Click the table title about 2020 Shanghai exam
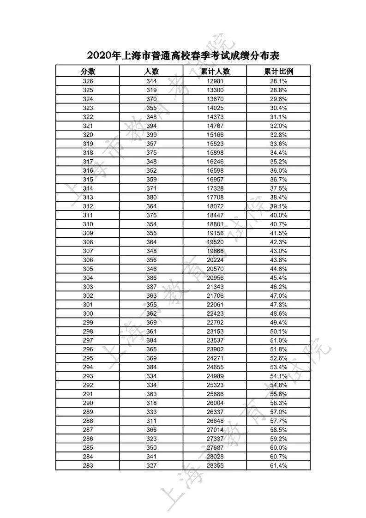(183, 56)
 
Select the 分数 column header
(88, 71)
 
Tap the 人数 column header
(151, 71)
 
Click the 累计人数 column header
(215, 71)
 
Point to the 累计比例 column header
(278, 71)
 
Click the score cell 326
(88, 81)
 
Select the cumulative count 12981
(215, 81)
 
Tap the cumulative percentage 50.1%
(278, 331)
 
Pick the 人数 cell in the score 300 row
(151, 313)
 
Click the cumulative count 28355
(215, 465)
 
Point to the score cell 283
(88, 465)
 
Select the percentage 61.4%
(278, 465)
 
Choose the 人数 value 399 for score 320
(151, 135)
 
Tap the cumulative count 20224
(215, 260)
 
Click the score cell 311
(88, 215)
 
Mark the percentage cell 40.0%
(278, 215)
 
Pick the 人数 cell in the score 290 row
(151, 403)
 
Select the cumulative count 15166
(215, 135)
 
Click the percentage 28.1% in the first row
(278, 81)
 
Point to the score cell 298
(88, 331)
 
